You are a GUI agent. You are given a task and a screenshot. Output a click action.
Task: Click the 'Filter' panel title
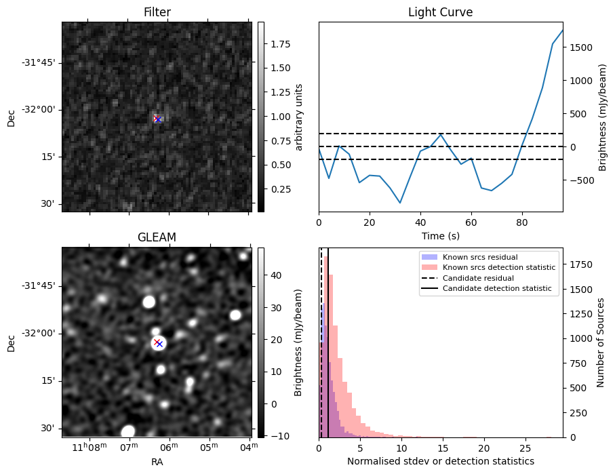tap(157, 12)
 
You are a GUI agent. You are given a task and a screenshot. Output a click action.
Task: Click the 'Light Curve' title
tap(440, 12)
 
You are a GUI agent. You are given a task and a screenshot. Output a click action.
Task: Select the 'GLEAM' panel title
tap(157, 237)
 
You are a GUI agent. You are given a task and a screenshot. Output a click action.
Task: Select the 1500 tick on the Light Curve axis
tap(581, 47)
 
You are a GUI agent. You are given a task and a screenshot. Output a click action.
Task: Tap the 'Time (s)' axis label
tap(440, 235)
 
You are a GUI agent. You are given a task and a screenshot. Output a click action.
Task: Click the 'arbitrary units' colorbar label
tap(298, 117)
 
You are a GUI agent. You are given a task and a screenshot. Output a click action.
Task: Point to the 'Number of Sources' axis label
tap(601, 342)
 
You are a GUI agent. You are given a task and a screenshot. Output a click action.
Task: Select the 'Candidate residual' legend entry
tap(478, 279)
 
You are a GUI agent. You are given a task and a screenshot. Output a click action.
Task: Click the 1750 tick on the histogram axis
tap(581, 264)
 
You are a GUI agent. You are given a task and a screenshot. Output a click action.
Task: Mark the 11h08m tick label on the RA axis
tap(90, 448)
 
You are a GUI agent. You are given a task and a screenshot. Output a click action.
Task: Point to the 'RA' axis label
tap(157, 462)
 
